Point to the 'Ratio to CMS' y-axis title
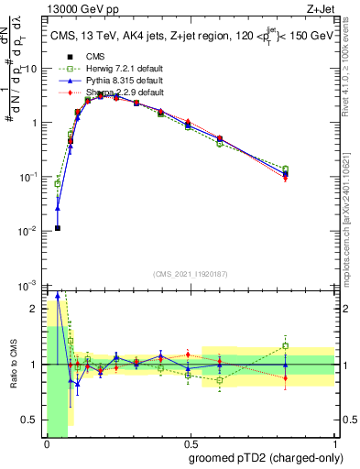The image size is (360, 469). (11, 365)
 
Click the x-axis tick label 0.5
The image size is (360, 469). (191, 443)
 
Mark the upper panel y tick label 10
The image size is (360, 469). (31, 69)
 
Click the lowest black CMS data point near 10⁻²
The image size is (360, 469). (58, 228)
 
